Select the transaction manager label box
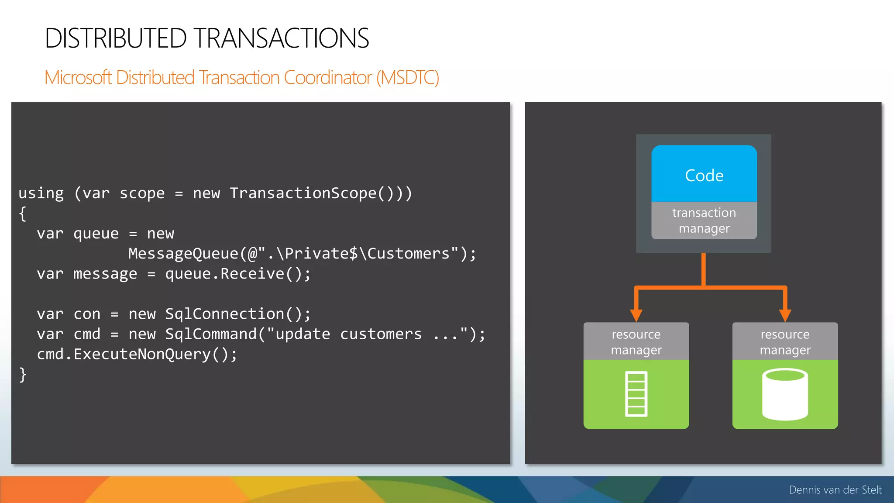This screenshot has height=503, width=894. (704, 220)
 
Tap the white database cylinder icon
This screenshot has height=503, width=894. (785, 394)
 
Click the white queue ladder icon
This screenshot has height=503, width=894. (636, 394)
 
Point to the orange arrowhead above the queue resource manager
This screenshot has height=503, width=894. (636, 315)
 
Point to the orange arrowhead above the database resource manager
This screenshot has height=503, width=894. (785, 315)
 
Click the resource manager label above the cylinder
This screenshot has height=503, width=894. (785, 342)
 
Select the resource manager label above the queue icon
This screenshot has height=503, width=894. (636, 342)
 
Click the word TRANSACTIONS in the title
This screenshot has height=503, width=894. (282, 38)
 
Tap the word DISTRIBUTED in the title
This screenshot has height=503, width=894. (116, 38)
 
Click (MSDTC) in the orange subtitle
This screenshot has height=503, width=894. (407, 78)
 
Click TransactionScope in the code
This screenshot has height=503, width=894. (303, 193)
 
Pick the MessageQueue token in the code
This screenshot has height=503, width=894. (183, 254)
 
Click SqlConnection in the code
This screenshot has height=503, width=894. (224, 314)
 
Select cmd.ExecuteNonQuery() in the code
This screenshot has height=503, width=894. (137, 354)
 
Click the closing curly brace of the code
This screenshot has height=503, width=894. (23, 375)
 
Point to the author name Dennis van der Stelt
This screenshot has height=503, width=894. (835, 490)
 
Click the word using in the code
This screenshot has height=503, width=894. (41, 193)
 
